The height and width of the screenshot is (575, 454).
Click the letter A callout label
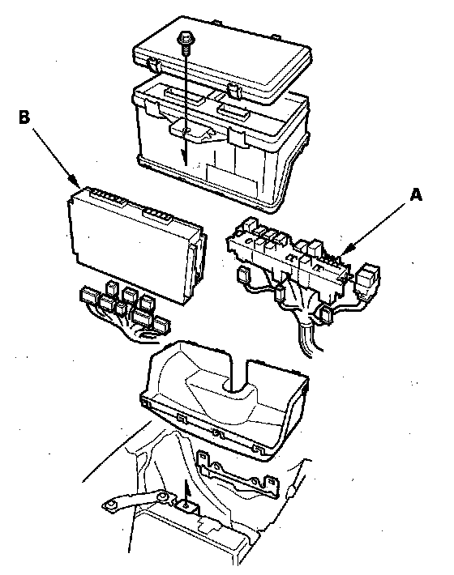pyautogui.click(x=416, y=195)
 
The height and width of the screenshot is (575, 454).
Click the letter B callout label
pyautogui.click(x=24, y=117)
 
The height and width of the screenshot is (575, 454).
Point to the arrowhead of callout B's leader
pyautogui.click(x=75, y=181)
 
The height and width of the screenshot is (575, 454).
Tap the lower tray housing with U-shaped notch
pyautogui.click(x=225, y=400)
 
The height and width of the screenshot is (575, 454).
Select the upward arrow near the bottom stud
pyautogui.click(x=186, y=492)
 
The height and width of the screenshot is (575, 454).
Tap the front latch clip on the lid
pyautogui.click(x=234, y=91)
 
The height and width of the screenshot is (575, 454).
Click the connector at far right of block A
pyautogui.click(x=367, y=277)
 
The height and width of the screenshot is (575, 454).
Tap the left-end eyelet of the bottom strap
pyautogui.click(x=109, y=506)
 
